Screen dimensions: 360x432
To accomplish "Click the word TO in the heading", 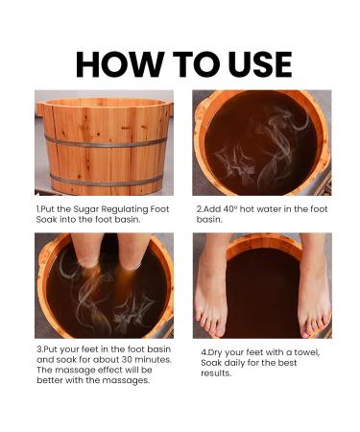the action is pyautogui.click(x=196, y=63).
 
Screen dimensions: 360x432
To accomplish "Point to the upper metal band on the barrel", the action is pyautogui.click(x=106, y=142).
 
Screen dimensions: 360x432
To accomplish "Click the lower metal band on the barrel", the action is pyautogui.click(x=106, y=180).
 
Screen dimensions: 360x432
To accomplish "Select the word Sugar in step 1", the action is pyautogui.click(x=86, y=209).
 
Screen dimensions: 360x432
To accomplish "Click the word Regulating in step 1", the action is pyautogui.click(x=125, y=209).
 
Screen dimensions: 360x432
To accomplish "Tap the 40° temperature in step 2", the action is pyautogui.click(x=229, y=209).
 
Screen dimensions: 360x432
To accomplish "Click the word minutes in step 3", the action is pyautogui.click(x=153, y=359).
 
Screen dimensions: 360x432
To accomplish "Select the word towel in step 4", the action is pyautogui.click(x=307, y=352).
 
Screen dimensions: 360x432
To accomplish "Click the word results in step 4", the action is pyautogui.click(x=216, y=373).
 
